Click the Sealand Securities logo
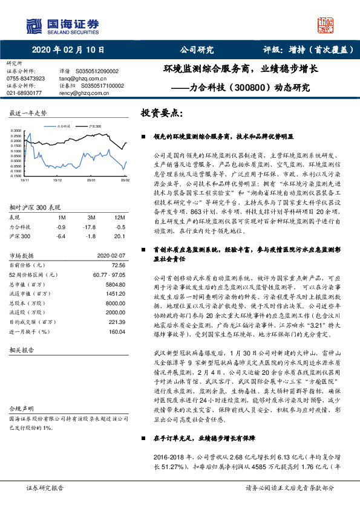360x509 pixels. [x=61, y=24]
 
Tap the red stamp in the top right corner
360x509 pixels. [x=327, y=24]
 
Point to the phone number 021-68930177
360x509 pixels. [x=24, y=93]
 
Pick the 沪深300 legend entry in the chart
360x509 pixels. [x=93, y=126]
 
